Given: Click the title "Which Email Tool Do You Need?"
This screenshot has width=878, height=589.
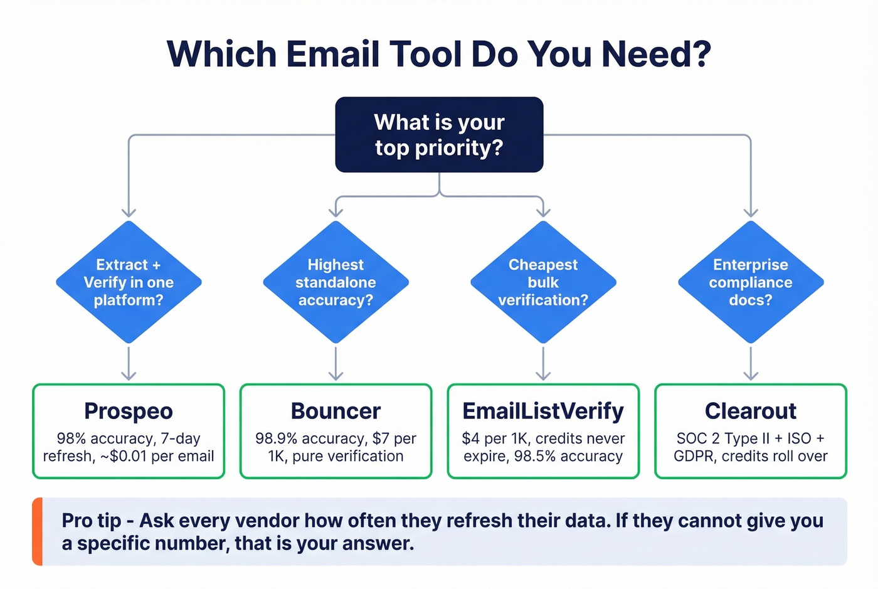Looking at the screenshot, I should [439, 54].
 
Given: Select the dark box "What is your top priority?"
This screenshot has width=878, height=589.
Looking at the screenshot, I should [439, 134].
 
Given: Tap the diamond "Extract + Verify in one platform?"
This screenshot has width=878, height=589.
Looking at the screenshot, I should [129, 282].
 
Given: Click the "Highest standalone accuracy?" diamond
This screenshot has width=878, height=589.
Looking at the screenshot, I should [336, 282].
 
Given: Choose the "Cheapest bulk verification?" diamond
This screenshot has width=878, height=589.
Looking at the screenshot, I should [543, 282].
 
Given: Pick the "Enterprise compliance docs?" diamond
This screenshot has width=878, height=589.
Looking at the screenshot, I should [751, 282].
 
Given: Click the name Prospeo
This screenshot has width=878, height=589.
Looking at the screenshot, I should [129, 411].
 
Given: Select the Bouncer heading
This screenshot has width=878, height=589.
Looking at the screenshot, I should [336, 411].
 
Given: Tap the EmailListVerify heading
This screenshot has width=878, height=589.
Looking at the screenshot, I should [543, 411].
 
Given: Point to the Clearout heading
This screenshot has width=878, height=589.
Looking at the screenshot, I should [751, 411].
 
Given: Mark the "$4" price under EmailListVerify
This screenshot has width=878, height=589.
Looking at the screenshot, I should [470, 438].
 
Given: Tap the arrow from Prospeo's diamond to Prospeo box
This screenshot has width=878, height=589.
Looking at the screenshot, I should [129, 364].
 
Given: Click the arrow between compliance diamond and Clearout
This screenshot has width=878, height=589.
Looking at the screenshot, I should [751, 364].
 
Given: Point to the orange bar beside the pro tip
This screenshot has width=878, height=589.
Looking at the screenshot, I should [38, 531].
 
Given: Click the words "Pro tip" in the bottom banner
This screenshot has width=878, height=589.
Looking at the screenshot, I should [92, 521].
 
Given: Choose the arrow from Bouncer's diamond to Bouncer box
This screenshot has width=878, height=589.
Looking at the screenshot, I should [336, 364].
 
